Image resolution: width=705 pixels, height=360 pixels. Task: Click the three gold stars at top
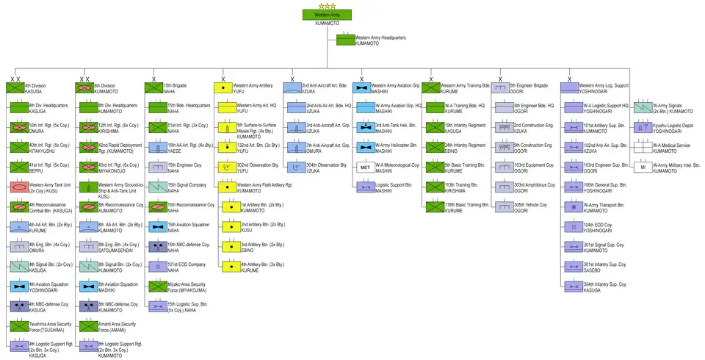click(327, 6)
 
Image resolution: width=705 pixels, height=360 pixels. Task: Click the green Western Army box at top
click(327, 15)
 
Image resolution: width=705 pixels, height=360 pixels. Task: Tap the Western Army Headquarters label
click(380, 40)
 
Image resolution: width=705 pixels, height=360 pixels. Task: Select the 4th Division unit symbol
click(15, 87)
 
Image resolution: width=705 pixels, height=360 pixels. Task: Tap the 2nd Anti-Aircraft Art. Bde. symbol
click(292, 87)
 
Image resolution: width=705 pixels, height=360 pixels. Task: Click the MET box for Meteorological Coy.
click(365, 167)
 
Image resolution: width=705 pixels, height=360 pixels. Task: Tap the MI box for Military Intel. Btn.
click(643, 167)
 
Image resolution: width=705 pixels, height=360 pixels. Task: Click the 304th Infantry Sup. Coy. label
click(604, 286)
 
